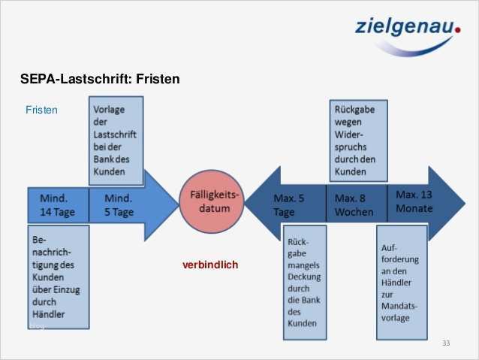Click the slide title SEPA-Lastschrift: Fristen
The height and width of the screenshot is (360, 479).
point(100,78)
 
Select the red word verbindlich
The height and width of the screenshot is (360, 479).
point(209,265)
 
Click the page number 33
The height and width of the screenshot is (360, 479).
point(446,343)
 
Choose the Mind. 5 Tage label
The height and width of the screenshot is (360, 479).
point(119,205)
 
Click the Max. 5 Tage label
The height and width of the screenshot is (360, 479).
point(288,205)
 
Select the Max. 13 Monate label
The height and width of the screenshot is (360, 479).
point(414,201)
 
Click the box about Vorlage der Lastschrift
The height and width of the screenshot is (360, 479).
point(116,141)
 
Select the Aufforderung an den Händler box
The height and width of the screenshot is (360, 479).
point(402,282)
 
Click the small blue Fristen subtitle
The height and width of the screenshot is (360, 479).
point(41,110)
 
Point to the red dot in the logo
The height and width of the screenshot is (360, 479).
point(457,31)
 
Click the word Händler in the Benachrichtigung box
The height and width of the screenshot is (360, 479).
point(49,313)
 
